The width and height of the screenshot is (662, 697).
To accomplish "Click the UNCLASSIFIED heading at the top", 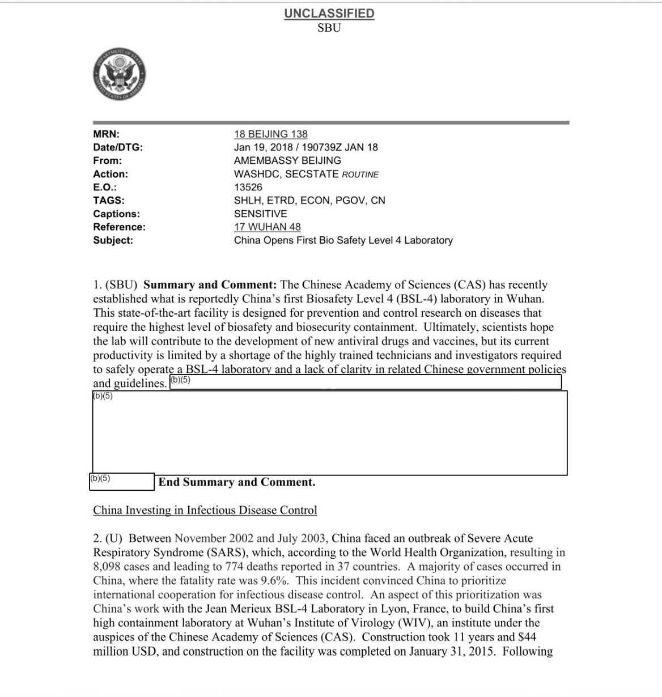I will pyautogui.click(x=329, y=14).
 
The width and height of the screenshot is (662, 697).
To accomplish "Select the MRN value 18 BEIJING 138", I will pyautogui.click(x=270, y=134).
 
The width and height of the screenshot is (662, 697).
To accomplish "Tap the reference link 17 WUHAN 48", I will pyautogui.click(x=267, y=227).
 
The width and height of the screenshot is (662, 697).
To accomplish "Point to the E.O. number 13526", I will pyautogui.click(x=248, y=187).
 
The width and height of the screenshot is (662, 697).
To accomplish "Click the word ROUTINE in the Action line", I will pyautogui.click(x=360, y=175).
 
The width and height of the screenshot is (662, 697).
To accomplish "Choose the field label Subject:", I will pyautogui.click(x=113, y=240).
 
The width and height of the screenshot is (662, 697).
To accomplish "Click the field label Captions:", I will pyautogui.click(x=116, y=214).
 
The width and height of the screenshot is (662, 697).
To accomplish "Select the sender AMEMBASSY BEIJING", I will pyautogui.click(x=287, y=160).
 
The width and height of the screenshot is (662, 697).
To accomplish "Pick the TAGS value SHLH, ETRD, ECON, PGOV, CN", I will pyautogui.click(x=309, y=200).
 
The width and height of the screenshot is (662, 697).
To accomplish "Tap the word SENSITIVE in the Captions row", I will pyautogui.click(x=260, y=214).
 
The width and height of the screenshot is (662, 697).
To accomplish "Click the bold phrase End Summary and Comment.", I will pyautogui.click(x=237, y=482).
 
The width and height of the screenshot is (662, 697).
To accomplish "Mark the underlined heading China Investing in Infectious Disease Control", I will pyautogui.click(x=205, y=510).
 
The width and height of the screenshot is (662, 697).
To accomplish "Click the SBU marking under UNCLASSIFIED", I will pyautogui.click(x=329, y=27).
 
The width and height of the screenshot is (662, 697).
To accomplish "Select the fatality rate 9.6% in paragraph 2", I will pyautogui.click(x=274, y=580).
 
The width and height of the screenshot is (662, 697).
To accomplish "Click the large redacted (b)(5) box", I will pyautogui.click(x=330, y=433).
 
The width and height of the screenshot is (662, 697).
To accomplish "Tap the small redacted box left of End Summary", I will pyautogui.click(x=122, y=482).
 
